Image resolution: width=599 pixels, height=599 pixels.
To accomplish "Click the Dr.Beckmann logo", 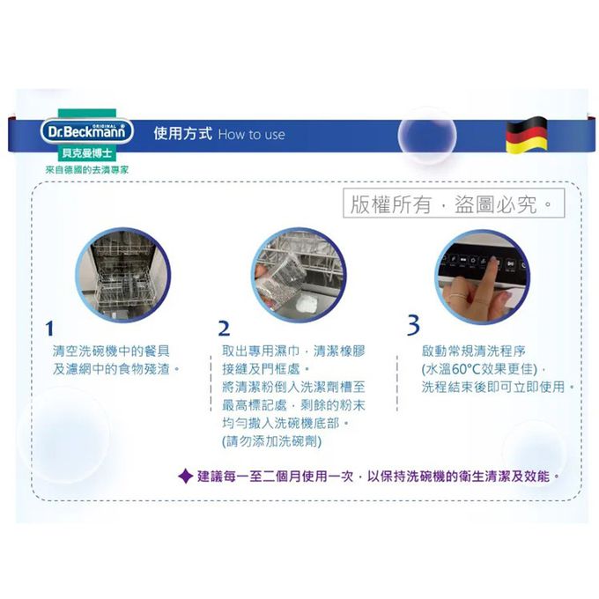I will coord(86,135).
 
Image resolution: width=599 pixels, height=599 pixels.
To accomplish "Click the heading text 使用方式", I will coord(182,134).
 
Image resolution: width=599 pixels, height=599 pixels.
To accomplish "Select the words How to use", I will coord(251,135).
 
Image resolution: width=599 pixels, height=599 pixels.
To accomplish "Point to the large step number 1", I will coord(49,329).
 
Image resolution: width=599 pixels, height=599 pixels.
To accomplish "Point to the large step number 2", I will coord(225,329).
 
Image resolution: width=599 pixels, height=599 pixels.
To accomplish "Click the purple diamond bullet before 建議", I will coord(185,477).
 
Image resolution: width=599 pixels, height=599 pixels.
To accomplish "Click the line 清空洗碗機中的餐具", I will coord(111,350).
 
